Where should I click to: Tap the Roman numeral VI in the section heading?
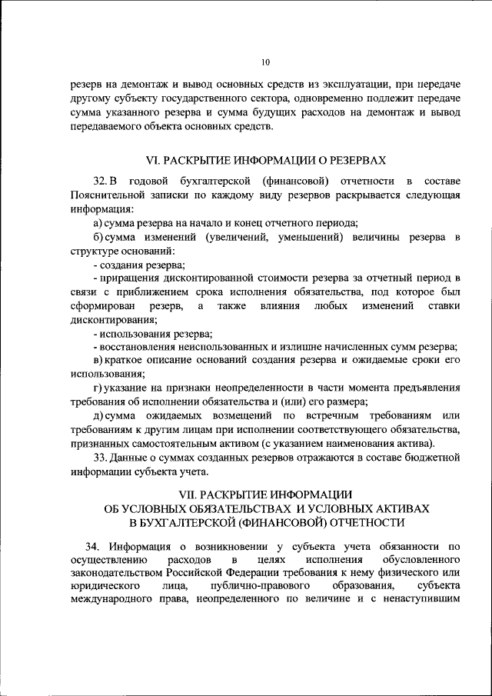click(x=152, y=160)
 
